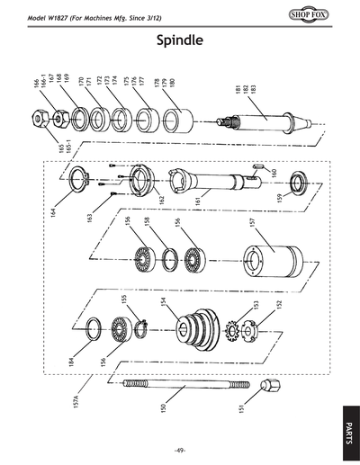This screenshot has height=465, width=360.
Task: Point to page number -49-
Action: pos(180,450)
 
